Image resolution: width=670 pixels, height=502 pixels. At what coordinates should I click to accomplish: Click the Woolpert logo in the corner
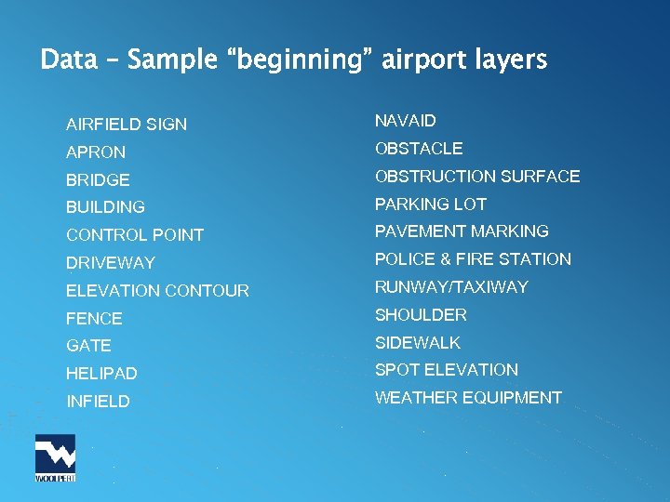(x=55, y=457)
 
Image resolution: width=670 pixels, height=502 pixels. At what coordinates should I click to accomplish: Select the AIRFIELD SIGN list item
(x=127, y=125)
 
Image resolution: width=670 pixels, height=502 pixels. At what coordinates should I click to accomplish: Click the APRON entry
(x=96, y=152)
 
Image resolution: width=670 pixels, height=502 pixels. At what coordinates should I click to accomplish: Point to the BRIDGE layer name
(x=98, y=180)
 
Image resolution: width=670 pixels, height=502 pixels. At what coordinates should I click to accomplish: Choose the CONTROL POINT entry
(x=135, y=235)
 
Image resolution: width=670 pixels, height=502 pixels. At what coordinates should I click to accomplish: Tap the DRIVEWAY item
(x=111, y=263)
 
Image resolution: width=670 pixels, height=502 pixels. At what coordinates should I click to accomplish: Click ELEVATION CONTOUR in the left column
(x=157, y=291)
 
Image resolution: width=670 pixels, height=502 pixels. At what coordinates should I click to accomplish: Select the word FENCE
(x=94, y=319)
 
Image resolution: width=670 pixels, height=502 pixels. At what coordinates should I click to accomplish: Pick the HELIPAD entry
(x=101, y=374)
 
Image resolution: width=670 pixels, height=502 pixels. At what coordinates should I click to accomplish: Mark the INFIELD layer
(x=98, y=402)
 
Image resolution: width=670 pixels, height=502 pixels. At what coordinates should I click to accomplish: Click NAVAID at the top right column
(x=406, y=121)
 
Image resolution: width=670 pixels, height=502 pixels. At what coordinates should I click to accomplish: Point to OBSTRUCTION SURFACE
(x=477, y=177)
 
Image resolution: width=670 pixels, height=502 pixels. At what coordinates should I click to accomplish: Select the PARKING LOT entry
(x=431, y=205)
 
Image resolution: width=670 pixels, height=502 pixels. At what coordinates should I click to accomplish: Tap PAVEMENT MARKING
(x=462, y=231)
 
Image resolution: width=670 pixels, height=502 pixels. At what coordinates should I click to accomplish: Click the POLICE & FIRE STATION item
(x=473, y=259)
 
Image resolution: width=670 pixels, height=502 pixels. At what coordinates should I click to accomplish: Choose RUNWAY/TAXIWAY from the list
(x=451, y=287)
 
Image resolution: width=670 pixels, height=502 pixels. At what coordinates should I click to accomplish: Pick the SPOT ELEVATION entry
(x=447, y=370)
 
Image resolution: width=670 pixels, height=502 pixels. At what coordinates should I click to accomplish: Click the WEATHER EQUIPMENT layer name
(x=468, y=398)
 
